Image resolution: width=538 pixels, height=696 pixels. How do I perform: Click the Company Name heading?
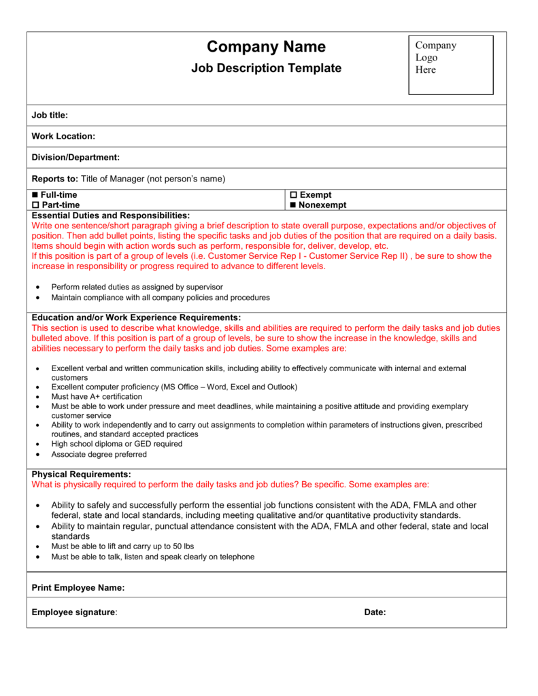coord(266,47)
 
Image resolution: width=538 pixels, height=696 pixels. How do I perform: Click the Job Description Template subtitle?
coord(266,68)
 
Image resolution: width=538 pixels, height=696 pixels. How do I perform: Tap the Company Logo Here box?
coord(450,65)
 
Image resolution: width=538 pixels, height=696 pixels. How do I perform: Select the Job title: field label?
coord(50,116)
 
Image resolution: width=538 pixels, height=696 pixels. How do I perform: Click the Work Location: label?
coord(63,137)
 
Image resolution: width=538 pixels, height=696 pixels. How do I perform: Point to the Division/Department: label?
coord(75,158)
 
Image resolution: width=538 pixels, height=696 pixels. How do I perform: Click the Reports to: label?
coord(55,179)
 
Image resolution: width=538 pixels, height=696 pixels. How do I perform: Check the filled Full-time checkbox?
coord(35,195)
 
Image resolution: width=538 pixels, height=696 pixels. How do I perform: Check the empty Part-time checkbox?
coord(35,205)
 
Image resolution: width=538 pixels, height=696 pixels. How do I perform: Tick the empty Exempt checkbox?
coord(294,195)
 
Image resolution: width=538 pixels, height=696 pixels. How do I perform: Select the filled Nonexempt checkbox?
coord(294,205)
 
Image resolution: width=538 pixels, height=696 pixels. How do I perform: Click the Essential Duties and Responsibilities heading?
coord(110,215)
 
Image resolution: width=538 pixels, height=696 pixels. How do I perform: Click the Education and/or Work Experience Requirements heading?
coord(136,317)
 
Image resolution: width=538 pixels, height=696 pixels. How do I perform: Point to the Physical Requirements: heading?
coord(81,474)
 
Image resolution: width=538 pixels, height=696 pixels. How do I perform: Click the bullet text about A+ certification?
coord(97,396)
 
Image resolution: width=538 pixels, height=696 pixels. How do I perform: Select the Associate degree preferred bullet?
coord(99,454)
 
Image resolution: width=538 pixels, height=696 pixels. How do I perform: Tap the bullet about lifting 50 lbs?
coord(122,546)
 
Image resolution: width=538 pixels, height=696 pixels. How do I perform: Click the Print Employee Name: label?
coord(78,588)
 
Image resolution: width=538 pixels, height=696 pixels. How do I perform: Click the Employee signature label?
coord(73,612)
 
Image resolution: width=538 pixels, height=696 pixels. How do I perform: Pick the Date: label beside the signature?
coord(375,612)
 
